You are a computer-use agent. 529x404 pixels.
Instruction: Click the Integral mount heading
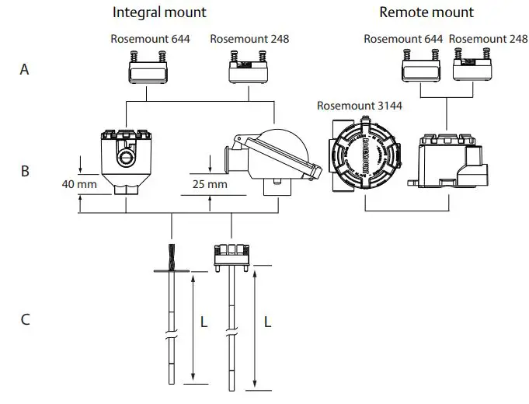(x=159, y=12)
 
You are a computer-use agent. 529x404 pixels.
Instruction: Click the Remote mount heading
(x=426, y=12)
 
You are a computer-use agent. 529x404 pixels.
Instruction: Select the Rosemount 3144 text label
(x=358, y=106)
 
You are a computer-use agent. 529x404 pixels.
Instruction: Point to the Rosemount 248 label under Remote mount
(x=488, y=38)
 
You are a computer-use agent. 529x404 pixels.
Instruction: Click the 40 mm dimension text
(x=78, y=185)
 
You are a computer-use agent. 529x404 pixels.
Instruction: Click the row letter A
(x=25, y=69)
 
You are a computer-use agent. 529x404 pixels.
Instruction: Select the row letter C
(x=25, y=319)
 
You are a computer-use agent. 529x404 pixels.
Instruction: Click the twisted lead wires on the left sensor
(x=170, y=256)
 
